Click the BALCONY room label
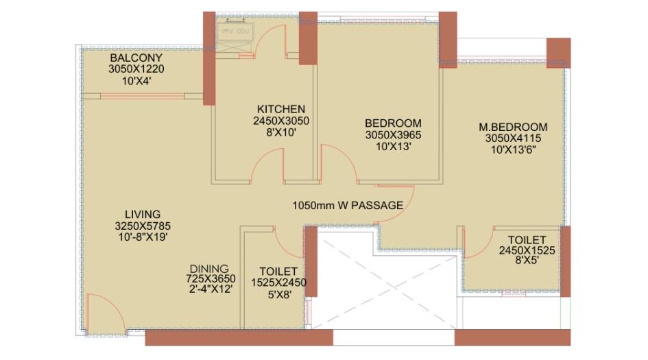coord(136,58)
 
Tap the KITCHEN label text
coord(281,109)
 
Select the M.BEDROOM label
coord(513,127)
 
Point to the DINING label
coord(211,268)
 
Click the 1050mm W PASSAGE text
coord(348,205)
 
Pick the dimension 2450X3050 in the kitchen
coord(281,121)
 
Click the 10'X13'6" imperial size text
coord(513,149)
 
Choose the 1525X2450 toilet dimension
coord(278,282)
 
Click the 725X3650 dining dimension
coord(211,278)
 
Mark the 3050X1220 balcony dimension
coord(136,69)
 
